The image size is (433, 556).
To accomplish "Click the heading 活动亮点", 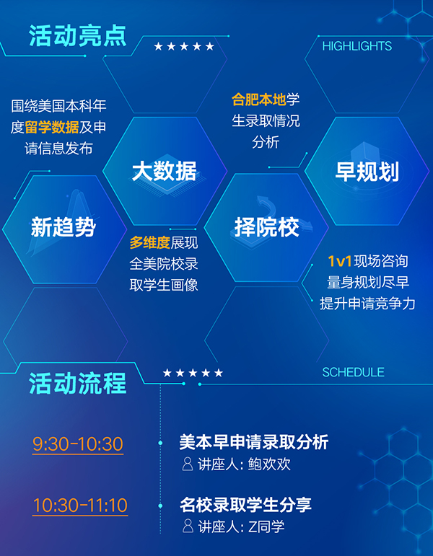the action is pos(78,35).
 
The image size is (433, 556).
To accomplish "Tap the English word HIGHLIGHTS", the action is pos(357,46).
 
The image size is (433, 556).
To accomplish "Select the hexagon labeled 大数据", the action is pos(165,171).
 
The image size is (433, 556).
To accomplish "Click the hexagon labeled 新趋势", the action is pos(64,229).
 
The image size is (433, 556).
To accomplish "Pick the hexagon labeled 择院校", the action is pos(266,228).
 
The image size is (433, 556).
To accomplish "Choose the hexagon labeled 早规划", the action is pos(367,171).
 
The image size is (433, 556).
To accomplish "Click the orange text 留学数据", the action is pos(52,128).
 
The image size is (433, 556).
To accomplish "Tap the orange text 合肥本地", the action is pos(259,100).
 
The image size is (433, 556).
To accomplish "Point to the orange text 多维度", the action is pos(150,243).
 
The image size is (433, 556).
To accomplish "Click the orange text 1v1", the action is pos(340,262).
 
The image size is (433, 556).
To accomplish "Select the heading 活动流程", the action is pos(78,384).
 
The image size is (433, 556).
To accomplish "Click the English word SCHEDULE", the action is pos(353,372).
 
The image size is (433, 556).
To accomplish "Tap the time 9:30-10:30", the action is pos(78,444).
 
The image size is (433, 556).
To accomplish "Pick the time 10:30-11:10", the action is pos(80,506).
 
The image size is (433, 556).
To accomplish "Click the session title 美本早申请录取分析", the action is pos(254,443).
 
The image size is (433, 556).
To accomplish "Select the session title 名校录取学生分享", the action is pos(245,505).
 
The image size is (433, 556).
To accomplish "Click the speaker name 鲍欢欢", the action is pos(269,464).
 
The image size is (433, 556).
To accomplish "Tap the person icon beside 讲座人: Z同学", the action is pos(188,526).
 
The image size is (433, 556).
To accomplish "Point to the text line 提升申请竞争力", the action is pos(367,304).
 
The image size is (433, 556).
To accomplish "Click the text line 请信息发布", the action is pos(58,149).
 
